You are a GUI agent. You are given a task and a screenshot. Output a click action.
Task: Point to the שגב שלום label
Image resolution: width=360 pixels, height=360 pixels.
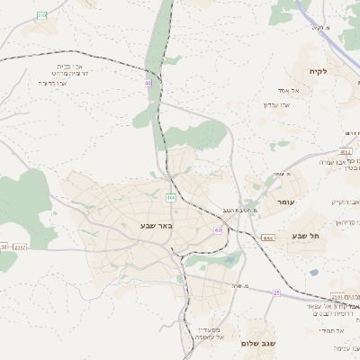[256, 344]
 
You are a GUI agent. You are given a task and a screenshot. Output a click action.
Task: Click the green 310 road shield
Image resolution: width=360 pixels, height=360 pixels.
[42, 16]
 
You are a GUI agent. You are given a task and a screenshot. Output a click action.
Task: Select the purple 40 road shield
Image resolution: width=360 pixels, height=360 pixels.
[147, 83]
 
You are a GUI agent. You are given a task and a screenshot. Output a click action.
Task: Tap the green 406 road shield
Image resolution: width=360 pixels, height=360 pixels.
[170, 196]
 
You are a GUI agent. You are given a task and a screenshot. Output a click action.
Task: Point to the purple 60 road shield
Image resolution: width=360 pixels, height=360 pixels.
[218, 230]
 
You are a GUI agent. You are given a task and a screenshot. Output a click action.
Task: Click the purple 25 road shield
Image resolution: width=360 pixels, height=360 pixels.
[277, 292]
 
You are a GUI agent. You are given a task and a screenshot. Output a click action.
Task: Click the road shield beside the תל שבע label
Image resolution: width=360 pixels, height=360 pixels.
[268, 238]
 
